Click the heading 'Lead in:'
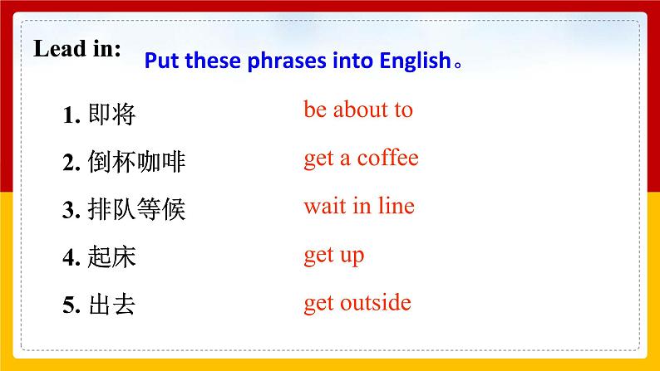[76, 49]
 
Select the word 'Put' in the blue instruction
[163, 62]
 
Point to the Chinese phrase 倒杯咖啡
[136, 163]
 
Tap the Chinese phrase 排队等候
[136, 210]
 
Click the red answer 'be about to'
[357, 110]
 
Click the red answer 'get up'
[333, 255]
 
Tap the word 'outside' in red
[375, 302]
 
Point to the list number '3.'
[71, 211]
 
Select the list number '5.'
[71, 306]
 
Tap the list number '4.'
[71, 258]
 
